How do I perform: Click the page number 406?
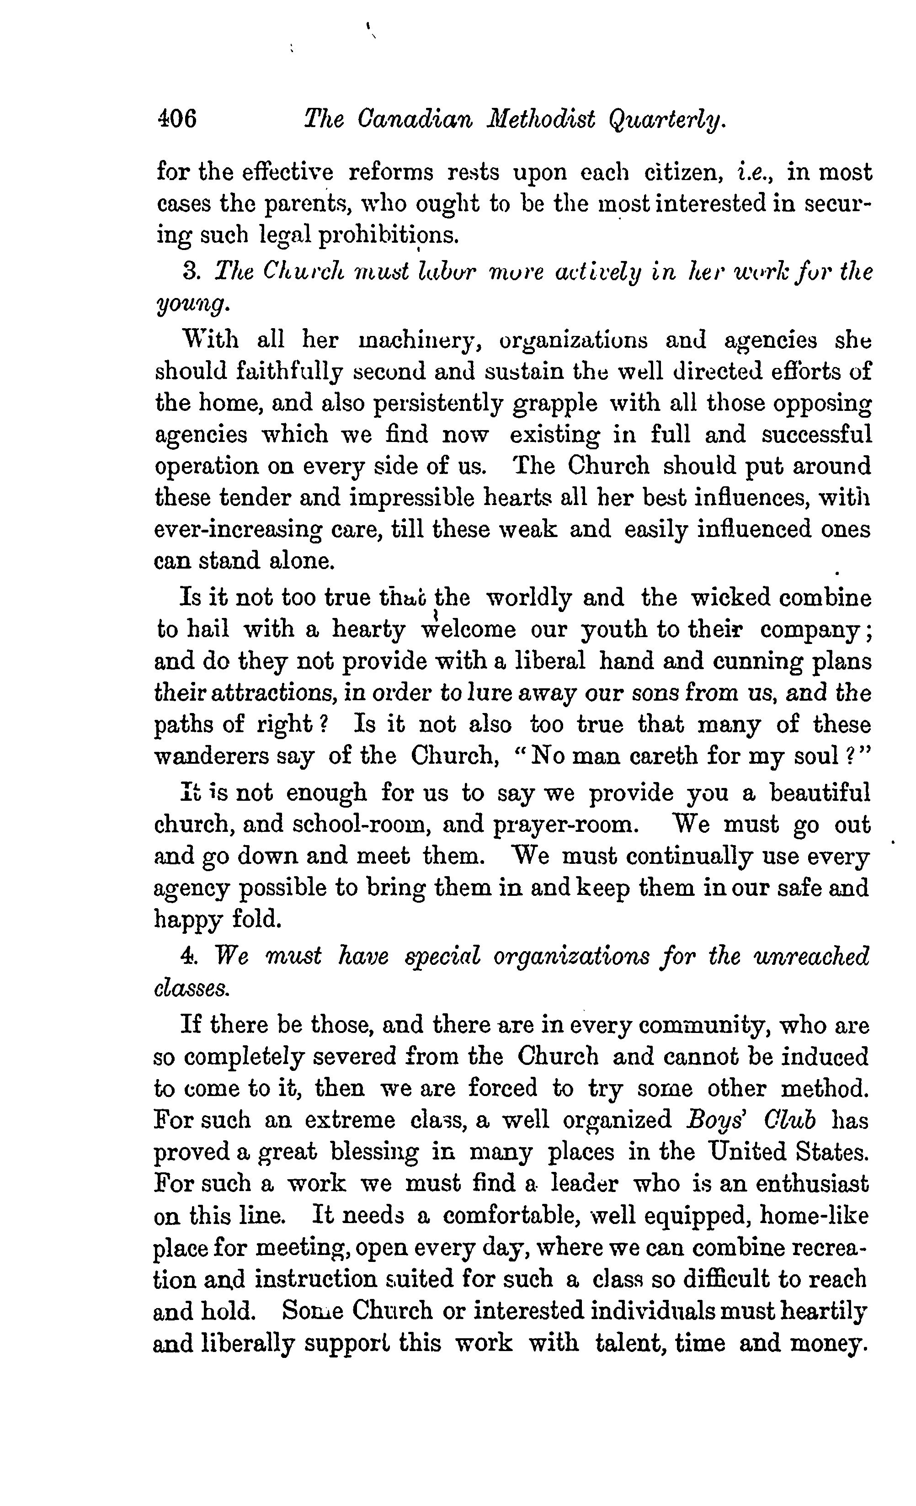[176, 118]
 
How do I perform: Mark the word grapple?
[555, 404]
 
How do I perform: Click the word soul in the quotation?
[816, 757]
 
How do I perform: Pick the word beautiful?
[819, 794]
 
